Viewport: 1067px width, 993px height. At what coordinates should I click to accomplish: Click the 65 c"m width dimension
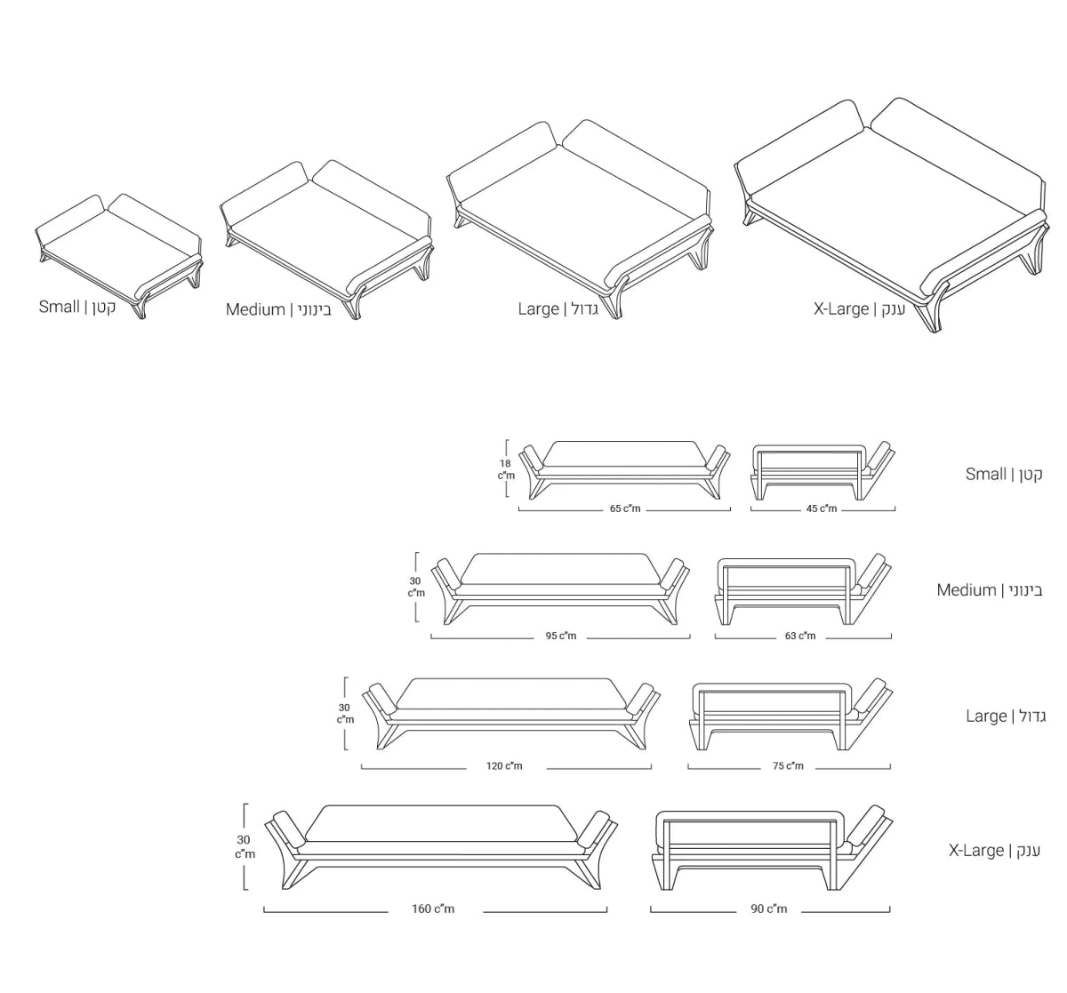(624, 509)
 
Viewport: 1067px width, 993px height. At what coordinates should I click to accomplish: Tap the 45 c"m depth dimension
(822, 509)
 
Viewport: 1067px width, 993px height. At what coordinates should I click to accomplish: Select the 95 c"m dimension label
(560, 637)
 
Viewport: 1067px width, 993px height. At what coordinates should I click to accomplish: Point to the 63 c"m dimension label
(800, 637)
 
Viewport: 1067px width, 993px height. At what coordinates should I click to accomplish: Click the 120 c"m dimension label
(504, 766)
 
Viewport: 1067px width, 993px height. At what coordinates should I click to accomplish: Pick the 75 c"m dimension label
(788, 766)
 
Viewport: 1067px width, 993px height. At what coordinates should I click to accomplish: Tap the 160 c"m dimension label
(433, 909)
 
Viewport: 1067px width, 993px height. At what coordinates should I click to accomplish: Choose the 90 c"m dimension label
(768, 909)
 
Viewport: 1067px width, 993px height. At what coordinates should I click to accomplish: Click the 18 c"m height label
(505, 469)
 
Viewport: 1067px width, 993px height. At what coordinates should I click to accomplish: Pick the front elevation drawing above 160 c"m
(441, 846)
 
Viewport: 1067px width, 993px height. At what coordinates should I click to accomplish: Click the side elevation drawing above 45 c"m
(822, 470)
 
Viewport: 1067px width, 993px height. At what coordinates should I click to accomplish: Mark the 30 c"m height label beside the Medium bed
(416, 587)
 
